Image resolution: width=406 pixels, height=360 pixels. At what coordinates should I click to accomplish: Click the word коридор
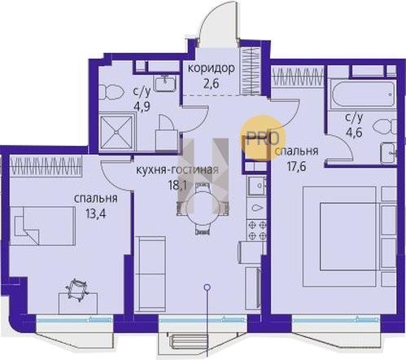point(212,68)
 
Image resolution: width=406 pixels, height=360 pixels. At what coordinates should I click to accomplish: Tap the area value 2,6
point(212,84)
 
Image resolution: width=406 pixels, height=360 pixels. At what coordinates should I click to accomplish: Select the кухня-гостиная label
point(177,170)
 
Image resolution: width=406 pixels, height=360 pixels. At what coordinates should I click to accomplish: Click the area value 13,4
point(95,213)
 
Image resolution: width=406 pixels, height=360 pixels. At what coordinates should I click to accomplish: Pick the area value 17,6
point(296,166)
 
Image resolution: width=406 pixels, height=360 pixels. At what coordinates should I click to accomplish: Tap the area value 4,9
point(142,105)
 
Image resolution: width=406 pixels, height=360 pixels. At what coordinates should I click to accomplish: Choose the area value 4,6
point(354,133)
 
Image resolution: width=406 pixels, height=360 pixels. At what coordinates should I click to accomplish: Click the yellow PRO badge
point(263,138)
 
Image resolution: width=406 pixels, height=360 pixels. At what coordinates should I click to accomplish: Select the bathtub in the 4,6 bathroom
point(363,95)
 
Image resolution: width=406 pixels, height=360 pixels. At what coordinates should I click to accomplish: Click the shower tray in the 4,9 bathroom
point(116,133)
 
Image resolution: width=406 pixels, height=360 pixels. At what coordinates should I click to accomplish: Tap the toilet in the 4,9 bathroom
point(111,93)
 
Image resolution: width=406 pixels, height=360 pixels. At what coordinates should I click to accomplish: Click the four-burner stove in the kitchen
point(256,230)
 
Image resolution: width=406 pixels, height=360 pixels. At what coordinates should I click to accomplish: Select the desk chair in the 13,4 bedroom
point(77,289)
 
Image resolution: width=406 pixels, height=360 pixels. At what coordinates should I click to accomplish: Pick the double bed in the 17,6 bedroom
point(339,236)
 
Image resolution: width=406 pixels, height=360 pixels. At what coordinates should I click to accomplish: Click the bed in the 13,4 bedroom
point(42,226)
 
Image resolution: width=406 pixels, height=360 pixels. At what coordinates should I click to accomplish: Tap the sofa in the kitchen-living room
point(150,274)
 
